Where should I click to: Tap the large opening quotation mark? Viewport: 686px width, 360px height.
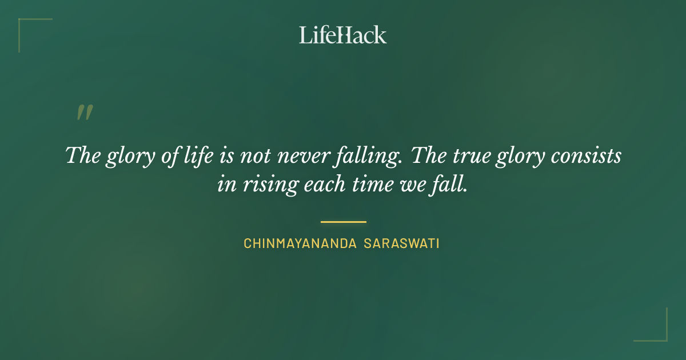pyautogui.click(x=85, y=113)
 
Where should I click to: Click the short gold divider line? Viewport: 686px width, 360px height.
pyautogui.click(x=343, y=222)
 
